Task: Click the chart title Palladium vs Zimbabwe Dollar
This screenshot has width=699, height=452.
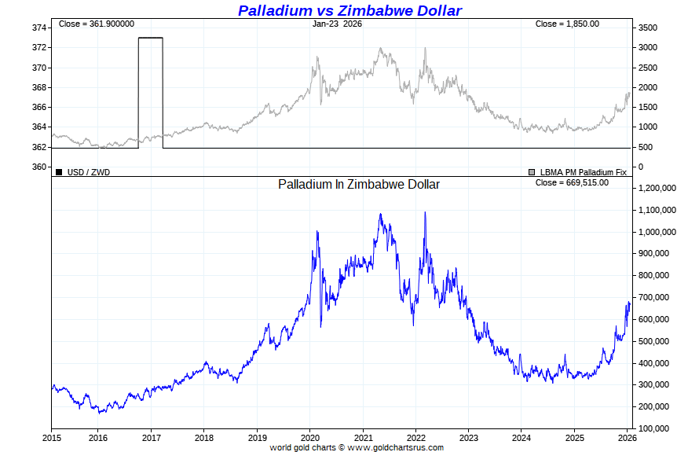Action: [349, 10]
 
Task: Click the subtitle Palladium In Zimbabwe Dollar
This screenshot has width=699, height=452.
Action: [359, 184]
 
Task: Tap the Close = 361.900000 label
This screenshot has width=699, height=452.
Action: [97, 24]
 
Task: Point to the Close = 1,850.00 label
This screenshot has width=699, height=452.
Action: [567, 24]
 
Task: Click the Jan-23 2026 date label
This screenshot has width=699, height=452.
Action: [337, 24]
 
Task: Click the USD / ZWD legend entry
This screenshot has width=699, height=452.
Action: [89, 171]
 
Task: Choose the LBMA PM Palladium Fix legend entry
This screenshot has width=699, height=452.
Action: [583, 171]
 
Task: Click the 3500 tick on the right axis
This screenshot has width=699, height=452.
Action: [648, 28]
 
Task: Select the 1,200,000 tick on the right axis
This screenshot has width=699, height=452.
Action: [658, 189]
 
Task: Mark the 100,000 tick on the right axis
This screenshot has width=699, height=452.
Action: [656, 428]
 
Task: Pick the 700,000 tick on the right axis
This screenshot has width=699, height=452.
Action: [656, 298]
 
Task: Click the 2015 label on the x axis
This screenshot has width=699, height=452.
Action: [52, 438]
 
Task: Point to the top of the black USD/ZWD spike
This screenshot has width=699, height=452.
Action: [150, 38]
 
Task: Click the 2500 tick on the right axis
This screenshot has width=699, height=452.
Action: [648, 67]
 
